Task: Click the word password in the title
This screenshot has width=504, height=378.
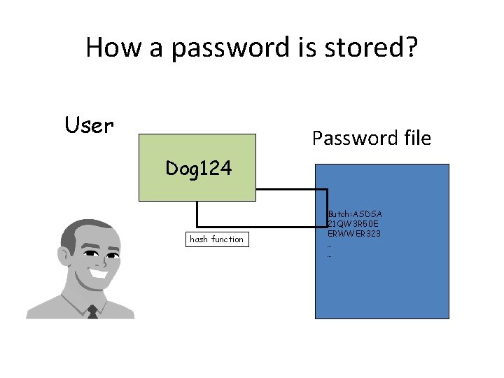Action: pyautogui.click(x=230, y=48)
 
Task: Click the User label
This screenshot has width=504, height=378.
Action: pyautogui.click(x=89, y=125)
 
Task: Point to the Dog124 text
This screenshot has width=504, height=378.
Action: pyautogui.click(x=199, y=168)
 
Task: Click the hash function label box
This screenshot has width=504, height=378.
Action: pyautogui.click(x=216, y=239)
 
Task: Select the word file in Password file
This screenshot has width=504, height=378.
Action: pyautogui.click(x=416, y=139)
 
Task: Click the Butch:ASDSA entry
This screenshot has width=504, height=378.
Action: pyautogui.click(x=355, y=213)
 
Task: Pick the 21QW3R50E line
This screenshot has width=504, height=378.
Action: pyautogui.click(x=353, y=223)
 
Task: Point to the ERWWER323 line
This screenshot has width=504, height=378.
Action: pyautogui.click(x=354, y=232)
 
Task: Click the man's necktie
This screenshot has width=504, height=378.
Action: pyautogui.click(x=92, y=311)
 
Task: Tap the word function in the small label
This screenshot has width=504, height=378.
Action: pyautogui.click(x=227, y=239)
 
